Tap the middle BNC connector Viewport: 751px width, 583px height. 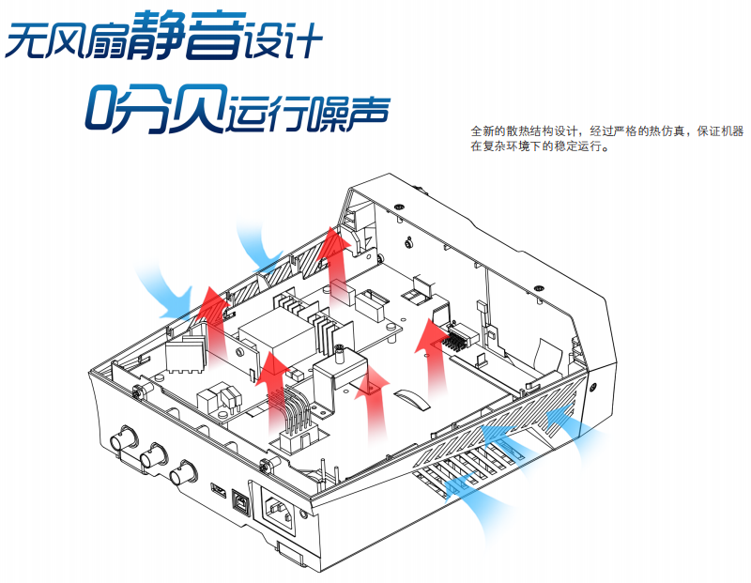pyautogui.click(x=153, y=456)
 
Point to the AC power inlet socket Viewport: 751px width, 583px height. pyautogui.click(x=285, y=515)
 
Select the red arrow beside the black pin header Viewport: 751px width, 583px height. pyautogui.click(x=435, y=352)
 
